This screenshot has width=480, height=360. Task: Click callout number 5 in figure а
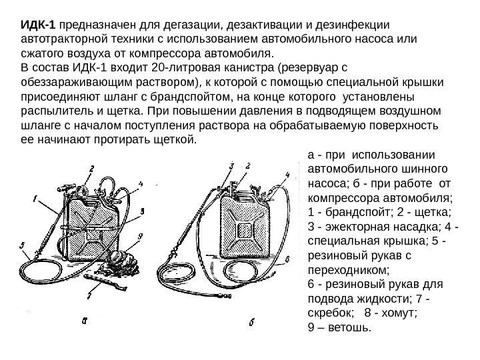pyautogui.click(x=23, y=245)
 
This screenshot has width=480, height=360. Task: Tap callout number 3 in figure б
pyautogui.click(x=231, y=164)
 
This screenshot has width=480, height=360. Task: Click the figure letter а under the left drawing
pyautogui.click(x=84, y=321)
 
